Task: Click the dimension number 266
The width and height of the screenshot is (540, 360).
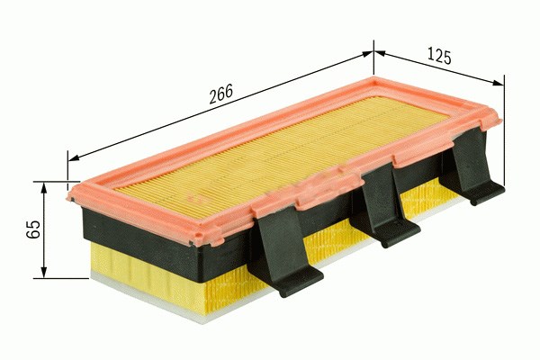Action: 221,94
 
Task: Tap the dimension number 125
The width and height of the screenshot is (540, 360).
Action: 439,57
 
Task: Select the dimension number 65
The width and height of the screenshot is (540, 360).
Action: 33,229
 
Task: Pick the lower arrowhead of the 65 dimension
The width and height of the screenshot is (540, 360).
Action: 44,273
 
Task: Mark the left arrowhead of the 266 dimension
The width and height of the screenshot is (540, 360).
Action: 74,158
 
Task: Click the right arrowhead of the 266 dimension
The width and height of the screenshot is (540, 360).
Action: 367,54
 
